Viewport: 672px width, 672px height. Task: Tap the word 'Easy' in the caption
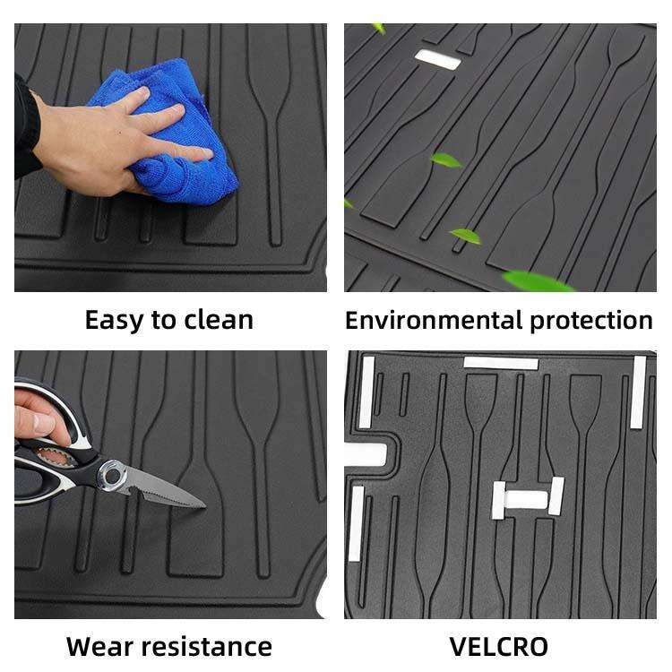click(114, 321)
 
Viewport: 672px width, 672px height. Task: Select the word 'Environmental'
click(435, 320)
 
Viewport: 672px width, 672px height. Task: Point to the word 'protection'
click(591, 321)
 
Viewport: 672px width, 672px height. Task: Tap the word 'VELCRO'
click(499, 646)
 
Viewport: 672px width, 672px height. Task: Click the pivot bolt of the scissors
click(112, 474)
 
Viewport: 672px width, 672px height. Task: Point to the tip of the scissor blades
click(205, 506)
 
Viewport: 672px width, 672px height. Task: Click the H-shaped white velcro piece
click(528, 498)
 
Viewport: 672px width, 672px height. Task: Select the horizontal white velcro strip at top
click(501, 364)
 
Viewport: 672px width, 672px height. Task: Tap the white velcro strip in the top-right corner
click(638, 392)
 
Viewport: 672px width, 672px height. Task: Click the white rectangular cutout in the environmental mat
click(437, 59)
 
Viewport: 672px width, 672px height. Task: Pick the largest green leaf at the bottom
click(537, 280)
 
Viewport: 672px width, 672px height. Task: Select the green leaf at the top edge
click(379, 29)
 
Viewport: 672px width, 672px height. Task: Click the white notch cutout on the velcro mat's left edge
click(366, 455)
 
